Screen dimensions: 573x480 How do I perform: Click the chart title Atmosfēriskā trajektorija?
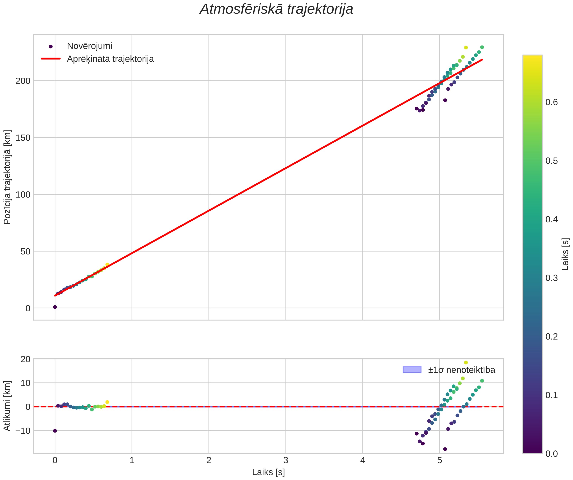point(276,9)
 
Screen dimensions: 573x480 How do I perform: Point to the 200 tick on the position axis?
point(23,81)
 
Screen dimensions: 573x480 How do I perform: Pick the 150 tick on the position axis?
point(23,138)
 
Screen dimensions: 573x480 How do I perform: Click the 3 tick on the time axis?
point(286,460)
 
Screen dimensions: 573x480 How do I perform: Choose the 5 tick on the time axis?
point(440,460)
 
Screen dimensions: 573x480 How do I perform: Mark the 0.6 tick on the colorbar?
point(551,102)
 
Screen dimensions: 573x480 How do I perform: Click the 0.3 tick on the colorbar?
point(551,278)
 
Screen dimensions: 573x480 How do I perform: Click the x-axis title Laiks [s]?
point(268,472)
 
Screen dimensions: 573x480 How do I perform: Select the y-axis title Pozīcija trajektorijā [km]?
point(7,177)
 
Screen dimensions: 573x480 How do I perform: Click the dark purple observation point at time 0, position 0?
point(55,307)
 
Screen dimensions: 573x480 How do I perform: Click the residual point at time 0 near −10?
point(55,431)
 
